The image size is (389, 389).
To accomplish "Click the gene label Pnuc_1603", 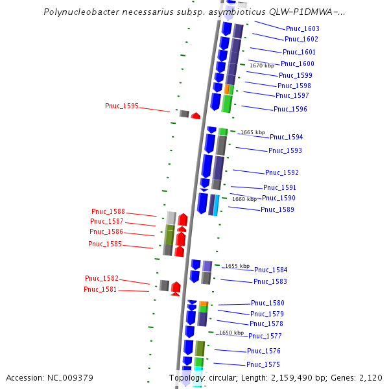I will (302, 29).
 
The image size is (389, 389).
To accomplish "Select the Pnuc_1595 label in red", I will (122, 106).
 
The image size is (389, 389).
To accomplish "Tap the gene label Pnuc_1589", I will (277, 209).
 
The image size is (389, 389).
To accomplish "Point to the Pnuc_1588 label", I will (108, 211).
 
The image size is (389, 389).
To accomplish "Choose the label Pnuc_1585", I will (105, 244).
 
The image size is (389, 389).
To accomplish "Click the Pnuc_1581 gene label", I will (100, 289).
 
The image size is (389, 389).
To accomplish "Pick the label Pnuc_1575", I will (263, 364).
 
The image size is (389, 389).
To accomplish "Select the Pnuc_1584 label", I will (270, 270).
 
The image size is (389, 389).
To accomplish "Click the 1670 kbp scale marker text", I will (262, 65).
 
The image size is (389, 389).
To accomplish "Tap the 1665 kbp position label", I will (253, 132).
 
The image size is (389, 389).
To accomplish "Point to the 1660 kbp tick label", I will (244, 199).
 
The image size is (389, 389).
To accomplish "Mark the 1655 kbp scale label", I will (237, 266).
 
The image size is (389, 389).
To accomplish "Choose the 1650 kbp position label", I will (231, 333).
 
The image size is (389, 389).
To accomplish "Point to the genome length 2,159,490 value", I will (287, 378).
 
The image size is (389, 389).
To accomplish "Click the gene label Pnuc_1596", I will (290, 109).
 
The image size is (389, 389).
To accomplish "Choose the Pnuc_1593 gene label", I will (285, 150).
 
